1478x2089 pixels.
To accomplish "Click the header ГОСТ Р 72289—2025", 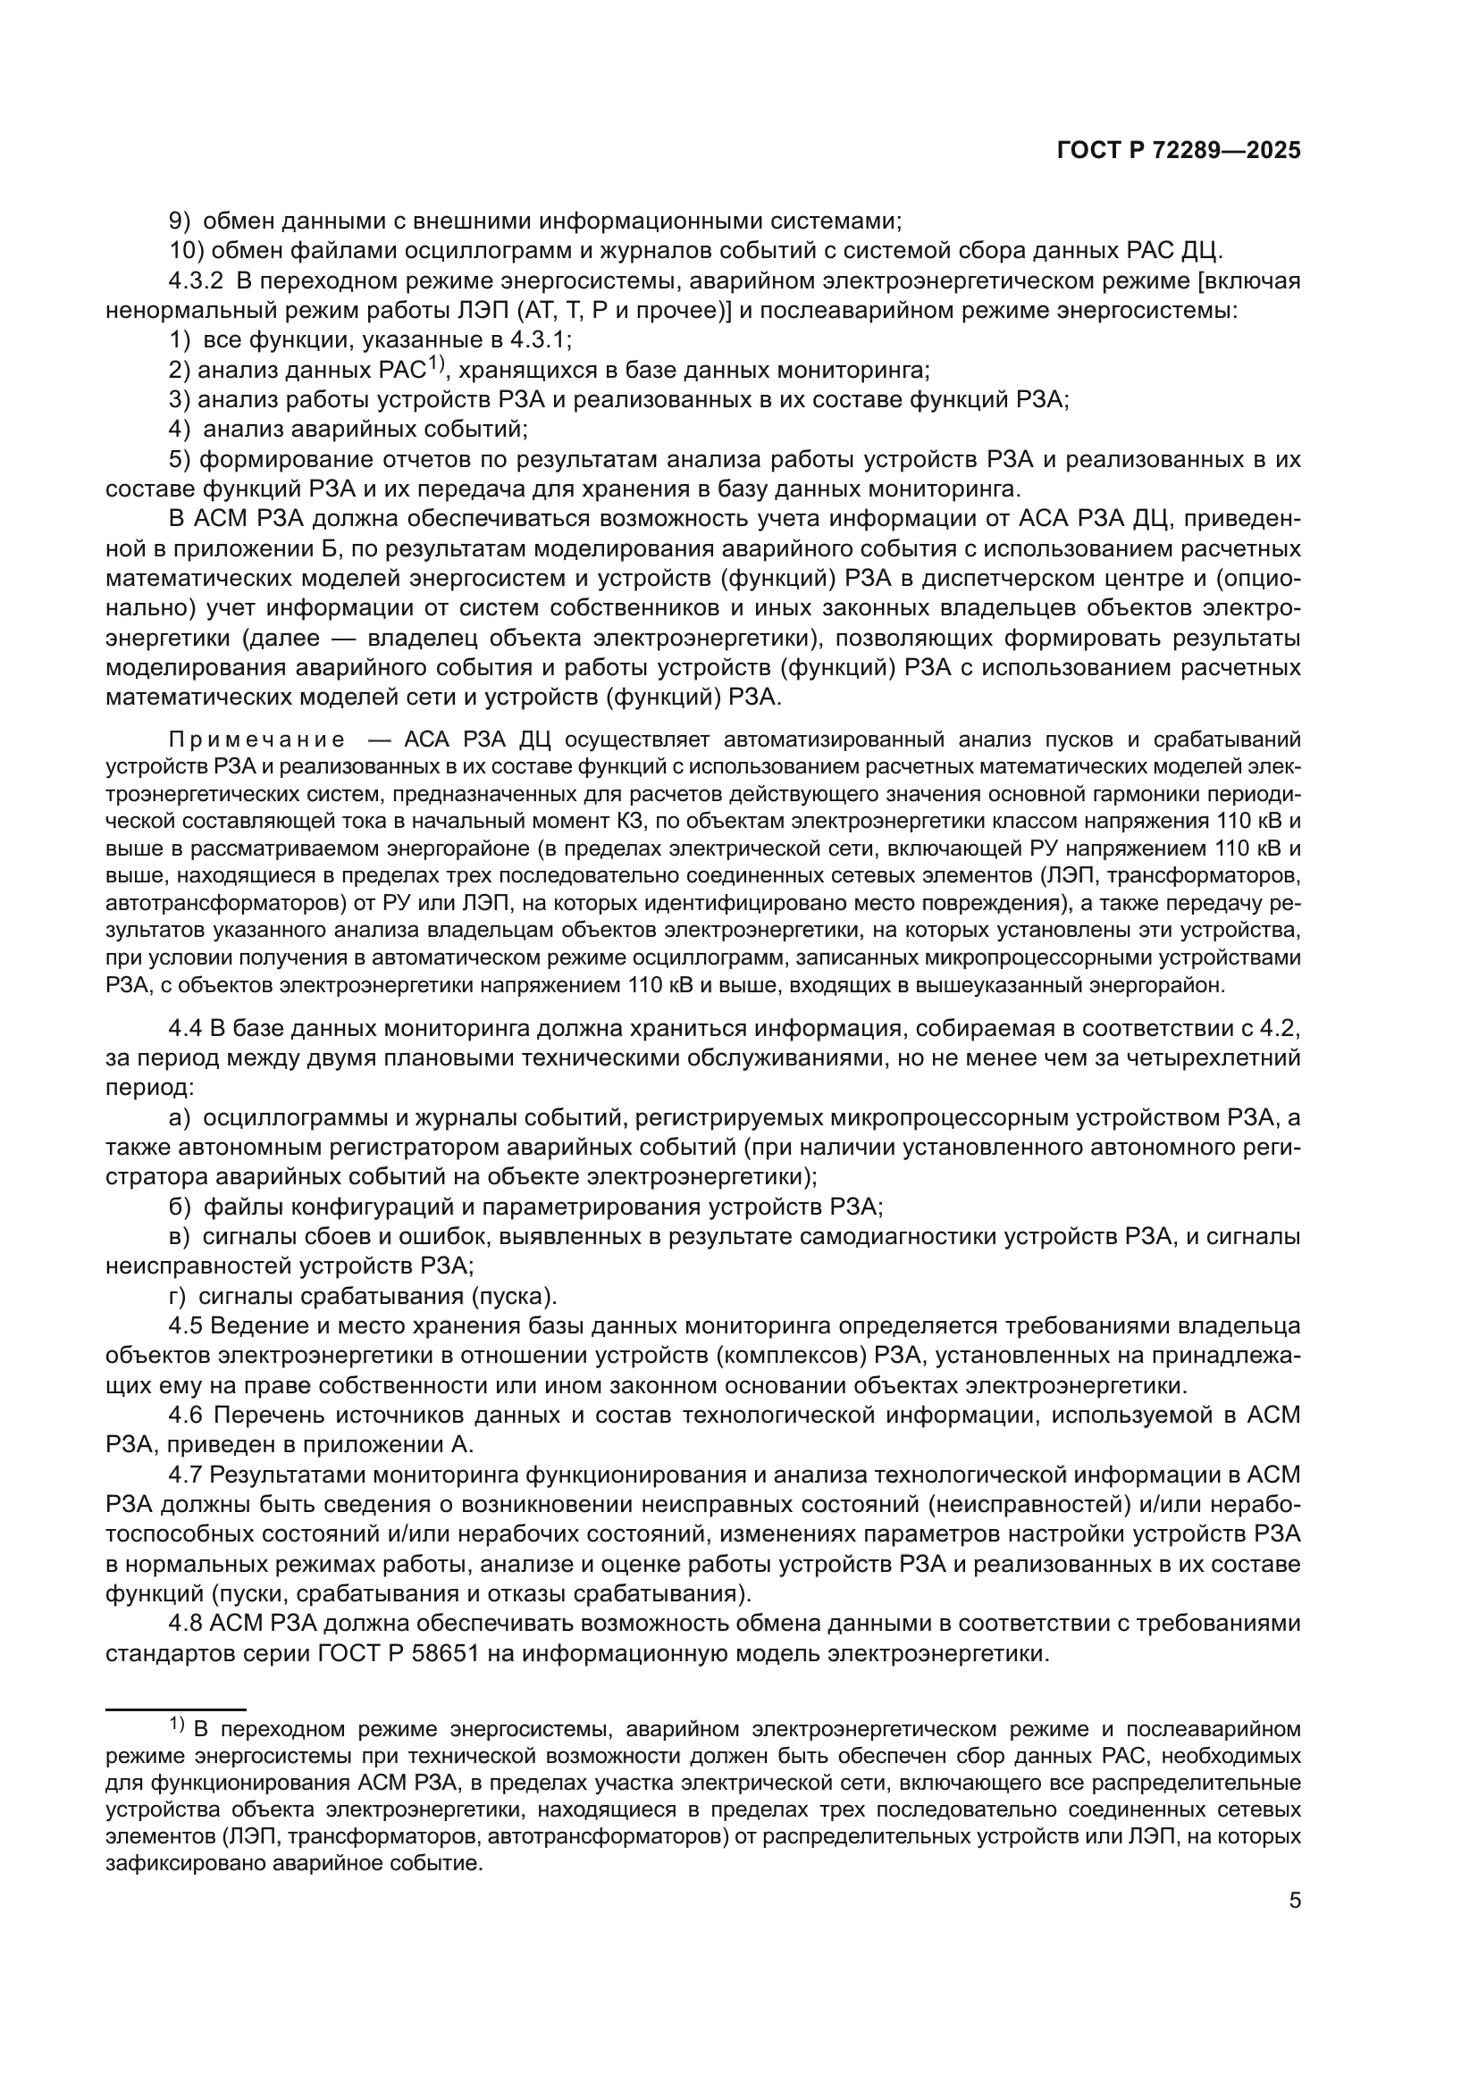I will pos(1179,151).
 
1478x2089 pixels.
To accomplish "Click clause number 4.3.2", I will pos(196,281).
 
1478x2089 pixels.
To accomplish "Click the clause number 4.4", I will pos(186,1029).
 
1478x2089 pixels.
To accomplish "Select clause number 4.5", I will pos(186,1325).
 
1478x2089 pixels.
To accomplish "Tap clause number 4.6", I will pos(186,1415).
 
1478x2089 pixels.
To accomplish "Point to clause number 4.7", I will pos(186,1474).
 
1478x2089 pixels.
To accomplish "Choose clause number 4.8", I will pos(186,1623).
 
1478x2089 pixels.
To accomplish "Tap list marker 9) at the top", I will pos(181,221).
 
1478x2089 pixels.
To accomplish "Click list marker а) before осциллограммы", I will pos(180,1118).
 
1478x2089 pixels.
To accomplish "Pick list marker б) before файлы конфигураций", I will pos(180,1207).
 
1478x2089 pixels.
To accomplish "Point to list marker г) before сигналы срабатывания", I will pos(178,1296).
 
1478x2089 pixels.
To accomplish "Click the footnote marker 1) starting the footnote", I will pos(177,1722).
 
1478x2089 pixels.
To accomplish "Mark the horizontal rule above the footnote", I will pos(176,1709).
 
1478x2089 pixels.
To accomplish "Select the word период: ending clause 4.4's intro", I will pos(149,1088).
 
